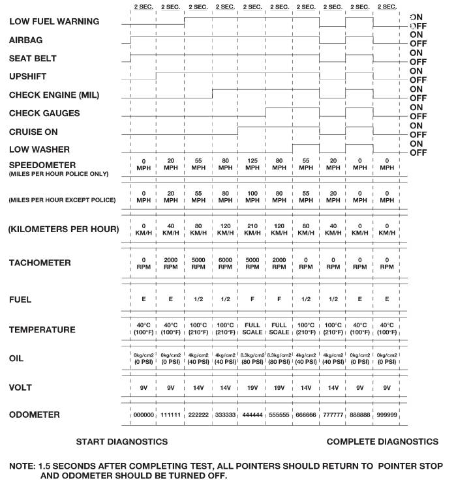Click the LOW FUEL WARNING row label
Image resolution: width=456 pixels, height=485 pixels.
(x=53, y=22)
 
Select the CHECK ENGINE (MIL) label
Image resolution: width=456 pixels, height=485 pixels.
(x=53, y=95)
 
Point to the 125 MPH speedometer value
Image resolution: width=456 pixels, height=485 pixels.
(x=252, y=164)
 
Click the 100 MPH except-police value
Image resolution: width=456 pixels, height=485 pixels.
(x=252, y=198)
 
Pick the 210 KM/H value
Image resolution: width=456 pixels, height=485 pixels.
(x=252, y=229)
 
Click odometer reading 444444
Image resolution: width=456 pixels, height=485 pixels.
(x=252, y=415)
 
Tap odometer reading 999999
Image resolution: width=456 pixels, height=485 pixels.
(x=387, y=415)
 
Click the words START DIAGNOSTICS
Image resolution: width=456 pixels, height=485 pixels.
(x=122, y=442)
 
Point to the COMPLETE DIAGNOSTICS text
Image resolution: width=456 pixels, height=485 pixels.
(x=382, y=442)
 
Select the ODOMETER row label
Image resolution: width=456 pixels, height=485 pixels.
(x=35, y=415)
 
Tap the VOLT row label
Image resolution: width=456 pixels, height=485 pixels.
(x=22, y=388)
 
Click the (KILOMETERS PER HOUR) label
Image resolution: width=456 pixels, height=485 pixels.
(x=64, y=229)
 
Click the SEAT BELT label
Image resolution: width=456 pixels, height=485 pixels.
(x=33, y=59)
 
